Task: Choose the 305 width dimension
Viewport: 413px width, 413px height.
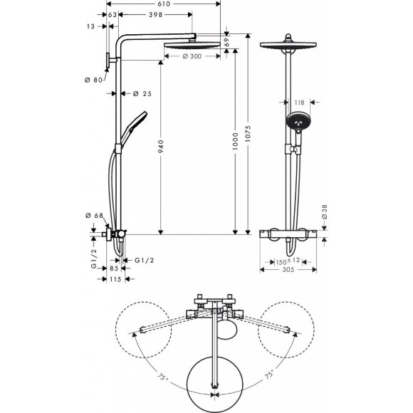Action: point(288,271)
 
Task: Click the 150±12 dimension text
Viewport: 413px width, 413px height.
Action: point(288,261)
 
